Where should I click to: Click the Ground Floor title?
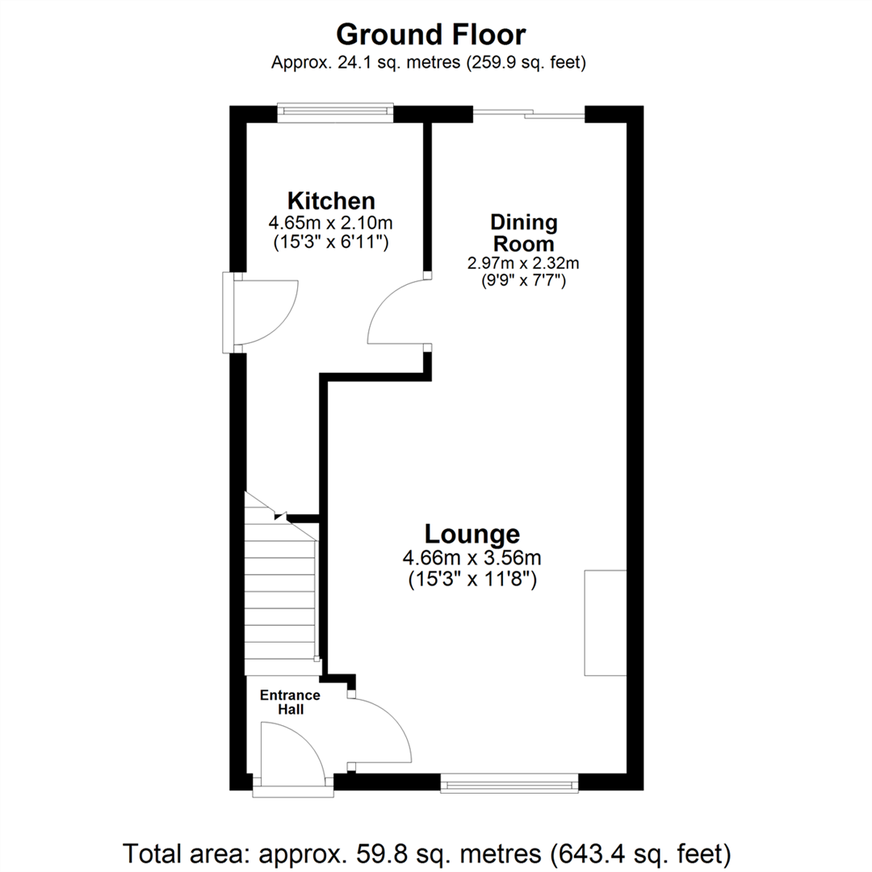(431, 35)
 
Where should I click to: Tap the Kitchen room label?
(331, 200)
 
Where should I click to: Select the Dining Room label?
(523, 233)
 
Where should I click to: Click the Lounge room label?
(472, 534)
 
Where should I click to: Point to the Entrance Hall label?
(289, 702)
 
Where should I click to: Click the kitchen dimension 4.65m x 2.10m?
(331, 223)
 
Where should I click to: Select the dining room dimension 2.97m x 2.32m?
(523, 263)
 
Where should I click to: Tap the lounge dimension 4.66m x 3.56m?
(472, 558)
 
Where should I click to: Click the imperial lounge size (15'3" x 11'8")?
(472, 579)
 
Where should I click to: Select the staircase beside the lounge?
(279, 597)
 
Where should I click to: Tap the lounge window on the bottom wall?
(509, 782)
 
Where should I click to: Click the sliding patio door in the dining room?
(529, 115)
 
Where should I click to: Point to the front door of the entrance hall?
(291, 751)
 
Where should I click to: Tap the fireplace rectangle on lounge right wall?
(605, 622)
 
